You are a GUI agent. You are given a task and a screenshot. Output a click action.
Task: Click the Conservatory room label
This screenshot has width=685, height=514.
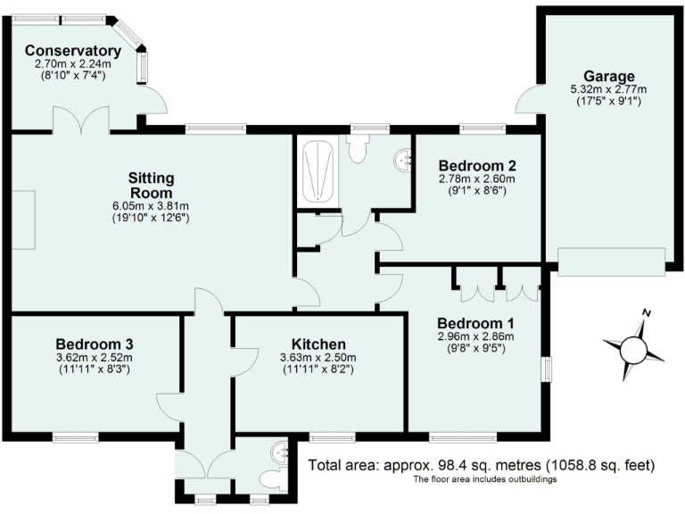(72, 51)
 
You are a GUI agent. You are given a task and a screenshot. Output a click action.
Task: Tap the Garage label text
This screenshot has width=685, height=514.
(609, 76)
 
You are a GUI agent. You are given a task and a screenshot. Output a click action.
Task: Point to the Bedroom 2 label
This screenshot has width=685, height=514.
(477, 165)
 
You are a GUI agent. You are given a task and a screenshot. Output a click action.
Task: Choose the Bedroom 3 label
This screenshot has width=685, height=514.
(94, 344)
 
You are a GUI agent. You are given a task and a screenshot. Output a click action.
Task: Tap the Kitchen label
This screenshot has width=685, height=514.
(318, 344)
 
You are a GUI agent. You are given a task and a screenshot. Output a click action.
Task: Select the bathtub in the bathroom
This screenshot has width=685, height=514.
(318, 172)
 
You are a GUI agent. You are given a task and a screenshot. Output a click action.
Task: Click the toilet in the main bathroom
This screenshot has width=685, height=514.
(359, 148)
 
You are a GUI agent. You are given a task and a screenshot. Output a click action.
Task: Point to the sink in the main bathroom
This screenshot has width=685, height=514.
(404, 160)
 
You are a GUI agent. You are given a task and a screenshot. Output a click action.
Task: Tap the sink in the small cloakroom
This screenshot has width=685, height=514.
(282, 452)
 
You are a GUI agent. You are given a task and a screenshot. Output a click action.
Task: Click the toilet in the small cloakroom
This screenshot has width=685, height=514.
(276, 480)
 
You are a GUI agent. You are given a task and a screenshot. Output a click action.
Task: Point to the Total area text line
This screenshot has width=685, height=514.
(482, 466)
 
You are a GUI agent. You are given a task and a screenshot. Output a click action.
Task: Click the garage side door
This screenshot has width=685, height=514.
(530, 100)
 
